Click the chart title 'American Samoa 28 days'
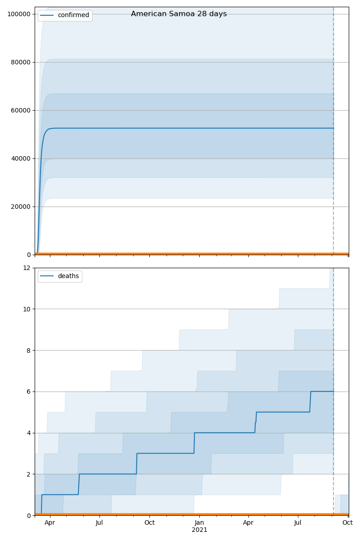click(179, 14)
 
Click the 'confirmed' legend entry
click(73, 15)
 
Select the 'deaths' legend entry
click(68, 276)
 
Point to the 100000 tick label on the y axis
click(18, 14)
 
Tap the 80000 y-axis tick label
click(20, 62)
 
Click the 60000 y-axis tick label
click(20, 110)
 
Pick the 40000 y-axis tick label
click(20, 158)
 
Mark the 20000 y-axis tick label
click(20, 207)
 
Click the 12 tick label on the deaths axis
click(27, 268)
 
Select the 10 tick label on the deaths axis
click(27, 309)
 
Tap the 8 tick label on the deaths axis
click(29, 350)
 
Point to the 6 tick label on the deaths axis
click(29, 391)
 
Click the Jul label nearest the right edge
click(298, 523)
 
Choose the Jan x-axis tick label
click(199, 523)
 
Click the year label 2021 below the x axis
click(199, 530)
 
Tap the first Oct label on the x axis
click(149, 523)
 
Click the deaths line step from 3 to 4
click(194, 443)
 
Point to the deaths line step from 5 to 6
click(310, 402)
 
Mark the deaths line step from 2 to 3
click(136, 463)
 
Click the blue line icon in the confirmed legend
click(47, 15)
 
